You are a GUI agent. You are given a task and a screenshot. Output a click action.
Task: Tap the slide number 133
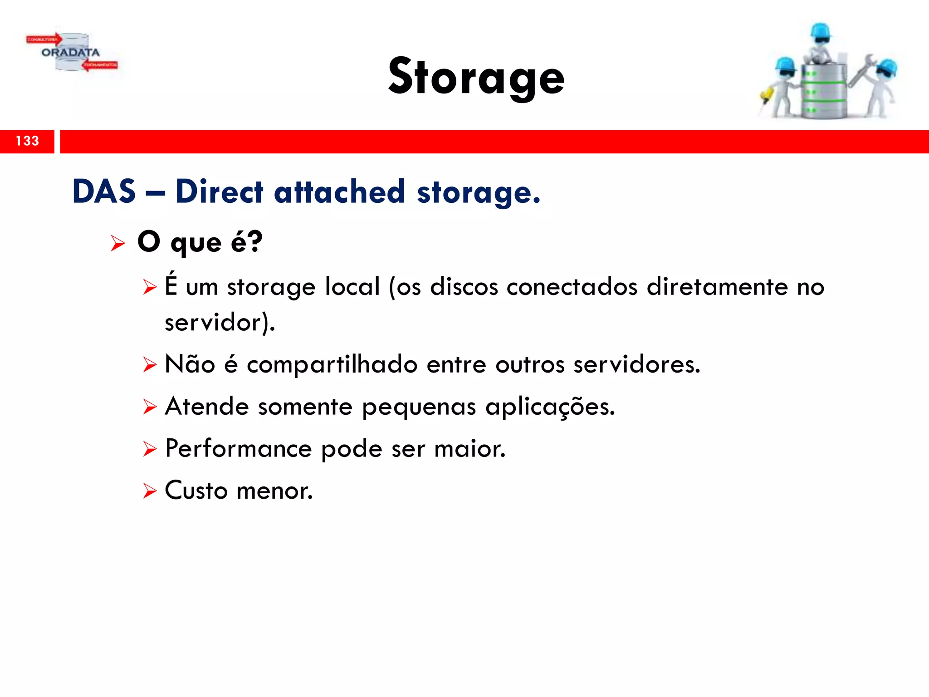click(27, 141)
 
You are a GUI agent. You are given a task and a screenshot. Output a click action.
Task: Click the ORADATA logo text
click(70, 53)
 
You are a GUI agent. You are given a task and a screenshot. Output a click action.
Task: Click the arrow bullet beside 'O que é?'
click(117, 243)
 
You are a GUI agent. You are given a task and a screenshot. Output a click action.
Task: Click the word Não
click(190, 364)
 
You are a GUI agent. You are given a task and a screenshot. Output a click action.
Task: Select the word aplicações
click(550, 407)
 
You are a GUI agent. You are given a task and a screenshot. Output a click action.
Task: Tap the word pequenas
click(419, 407)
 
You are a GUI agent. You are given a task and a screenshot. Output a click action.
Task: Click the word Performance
click(239, 449)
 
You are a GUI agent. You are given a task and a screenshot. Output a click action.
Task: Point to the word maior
click(469, 449)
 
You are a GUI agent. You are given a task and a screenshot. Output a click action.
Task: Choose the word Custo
click(196, 491)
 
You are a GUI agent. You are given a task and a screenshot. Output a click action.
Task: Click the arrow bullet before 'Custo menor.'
click(149, 491)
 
